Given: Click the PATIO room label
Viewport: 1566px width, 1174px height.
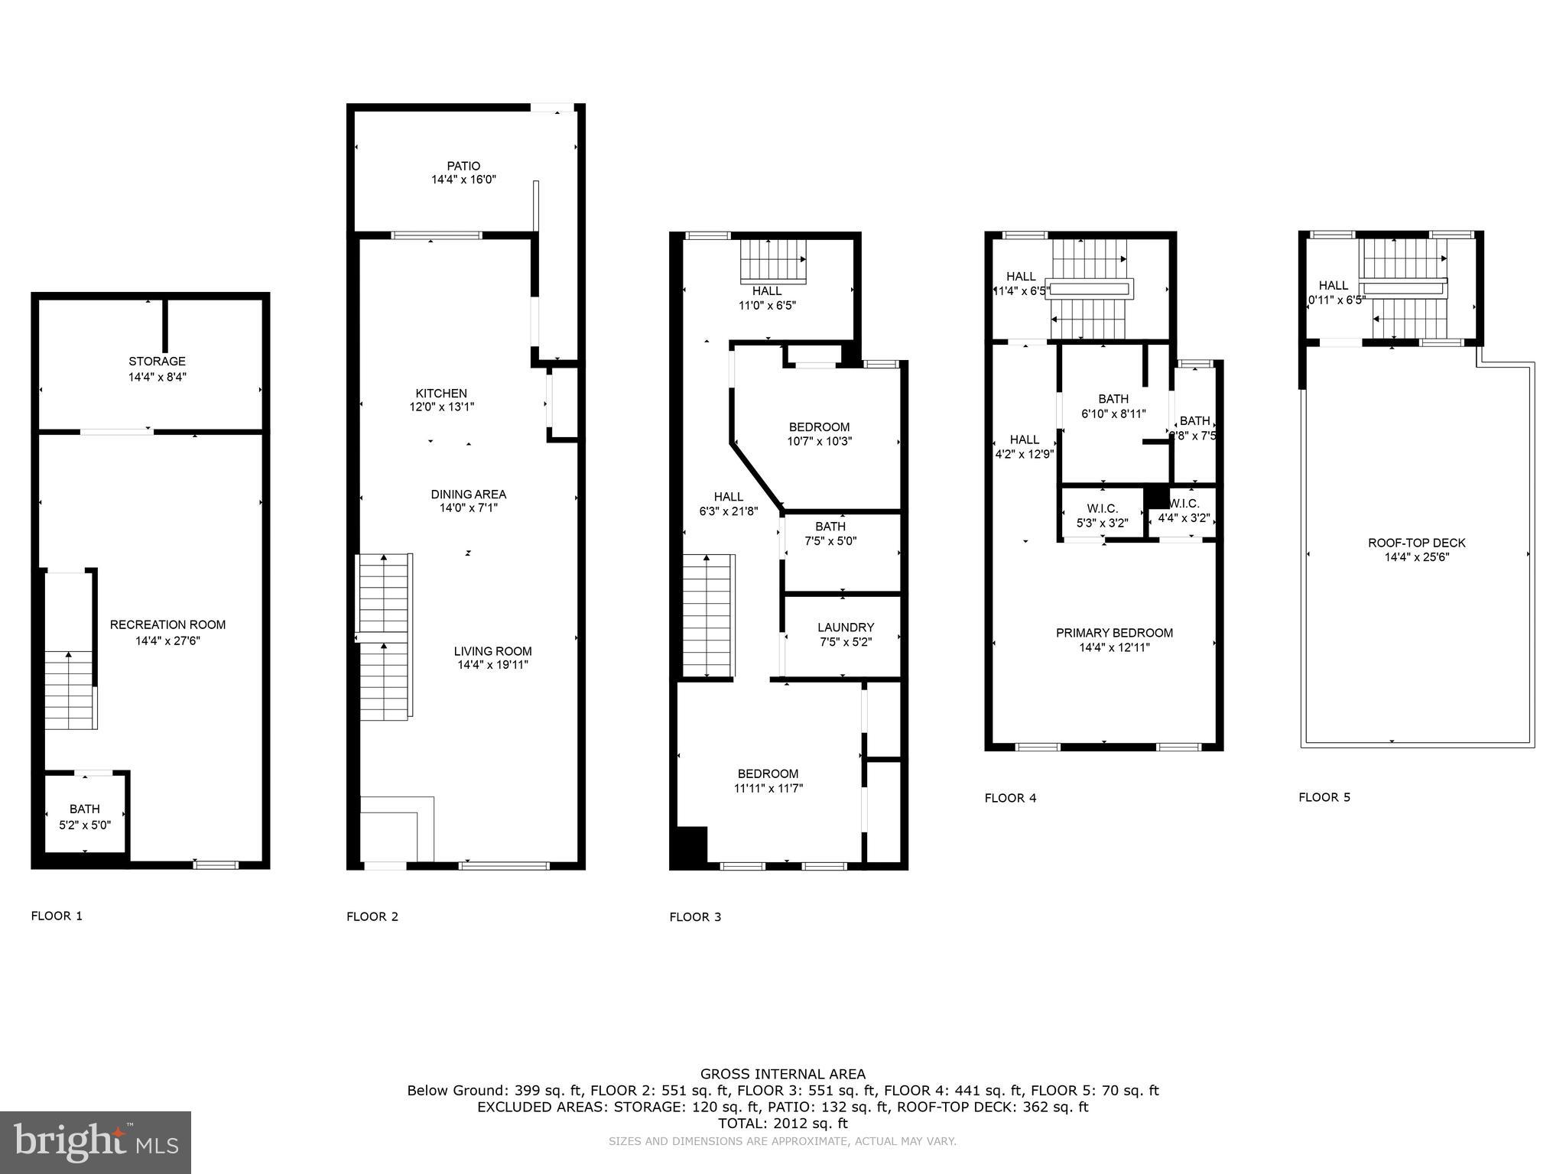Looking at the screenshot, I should (x=463, y=166).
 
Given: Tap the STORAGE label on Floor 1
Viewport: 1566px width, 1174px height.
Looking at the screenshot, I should (x=157, y=362).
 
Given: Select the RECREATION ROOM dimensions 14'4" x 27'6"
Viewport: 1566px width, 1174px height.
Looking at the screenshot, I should (x=167, y=641).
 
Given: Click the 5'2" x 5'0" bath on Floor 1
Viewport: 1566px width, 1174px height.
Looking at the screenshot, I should (x=85, y=817).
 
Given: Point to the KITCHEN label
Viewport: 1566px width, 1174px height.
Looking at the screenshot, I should (x=441, y=394).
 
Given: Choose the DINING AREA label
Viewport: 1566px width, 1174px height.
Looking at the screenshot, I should (x=468, y=495).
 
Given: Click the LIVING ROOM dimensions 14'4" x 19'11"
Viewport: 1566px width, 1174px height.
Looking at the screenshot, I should (x=492, y=665).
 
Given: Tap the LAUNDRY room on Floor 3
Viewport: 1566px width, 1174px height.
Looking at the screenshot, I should (x=845, y=628).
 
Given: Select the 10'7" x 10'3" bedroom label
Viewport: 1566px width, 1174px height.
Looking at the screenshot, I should (x=819, y=427).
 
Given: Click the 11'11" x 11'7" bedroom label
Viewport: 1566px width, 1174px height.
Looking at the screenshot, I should (x=768, y=774).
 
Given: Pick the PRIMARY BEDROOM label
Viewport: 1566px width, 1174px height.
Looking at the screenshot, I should (x=1114, y=633).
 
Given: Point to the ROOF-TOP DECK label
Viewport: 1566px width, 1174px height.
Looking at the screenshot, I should (x=1416, y=543).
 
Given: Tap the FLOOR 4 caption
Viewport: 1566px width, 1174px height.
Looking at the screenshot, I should (x=1010, y=798).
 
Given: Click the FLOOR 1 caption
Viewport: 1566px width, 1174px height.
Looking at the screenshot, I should (x=57, y=916).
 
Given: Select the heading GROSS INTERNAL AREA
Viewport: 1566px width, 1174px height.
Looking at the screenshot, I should (x=782, y=1074).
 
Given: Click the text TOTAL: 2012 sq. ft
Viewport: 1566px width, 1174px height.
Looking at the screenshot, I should (x=782, y=1124).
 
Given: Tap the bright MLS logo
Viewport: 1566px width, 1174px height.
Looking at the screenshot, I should (x=96, y=1142).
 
